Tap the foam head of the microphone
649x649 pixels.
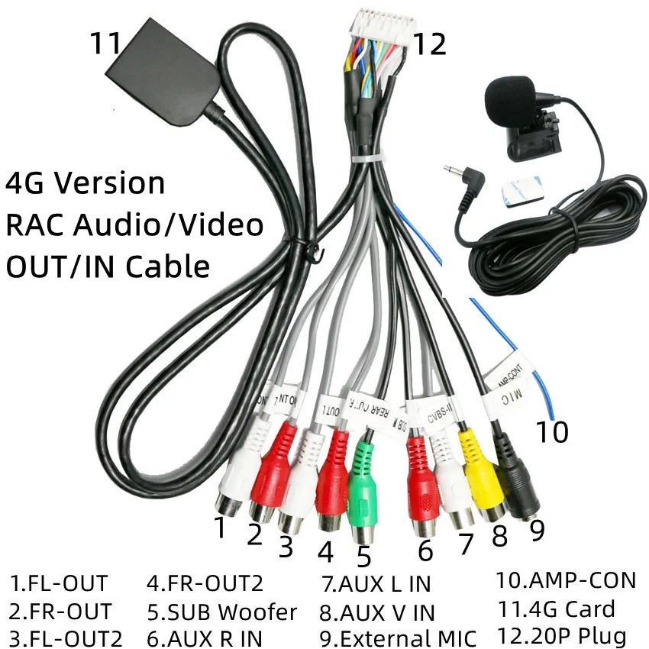507,98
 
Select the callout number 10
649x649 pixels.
551,432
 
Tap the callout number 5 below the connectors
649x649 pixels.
363,556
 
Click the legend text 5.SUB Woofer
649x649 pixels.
221,612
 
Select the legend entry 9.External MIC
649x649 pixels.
399,638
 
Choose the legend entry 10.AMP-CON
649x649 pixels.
566,581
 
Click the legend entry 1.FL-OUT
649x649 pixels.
59,585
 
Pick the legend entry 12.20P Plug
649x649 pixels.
561,635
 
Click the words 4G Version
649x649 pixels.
85,183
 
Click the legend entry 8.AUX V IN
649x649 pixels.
377,612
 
